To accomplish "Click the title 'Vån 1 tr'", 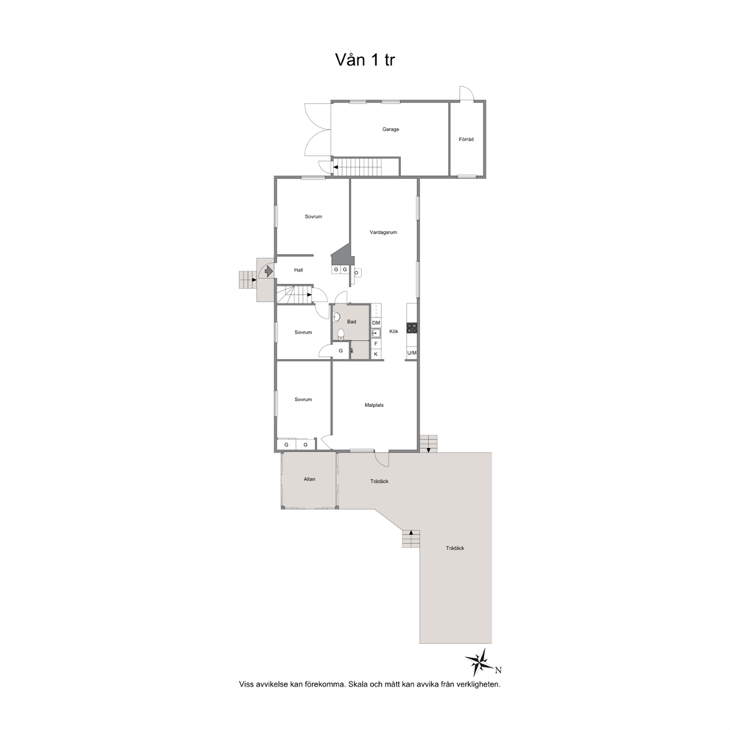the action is (365, 60).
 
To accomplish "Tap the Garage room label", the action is (391, 130).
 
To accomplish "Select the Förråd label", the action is (466, 139).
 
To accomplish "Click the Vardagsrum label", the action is (383, 233).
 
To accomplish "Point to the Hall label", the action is (299, 270).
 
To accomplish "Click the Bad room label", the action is (352, 322).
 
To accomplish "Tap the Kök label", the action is (394, 331).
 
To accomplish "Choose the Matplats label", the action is (374, 405).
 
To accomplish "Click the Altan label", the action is (309, 479).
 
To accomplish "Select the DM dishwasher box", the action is (376, 322).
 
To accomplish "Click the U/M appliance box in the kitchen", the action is (411, 353).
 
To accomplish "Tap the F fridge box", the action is (376, 344).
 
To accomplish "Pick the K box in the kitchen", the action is (376, 354).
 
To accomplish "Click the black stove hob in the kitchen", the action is (412, 327).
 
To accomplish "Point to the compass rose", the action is (479, 662).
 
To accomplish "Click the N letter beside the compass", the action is (498, 670).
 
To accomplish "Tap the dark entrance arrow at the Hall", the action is (269, 271).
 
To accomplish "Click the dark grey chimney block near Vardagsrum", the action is (341, 255).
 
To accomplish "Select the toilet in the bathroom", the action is (341, 333).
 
